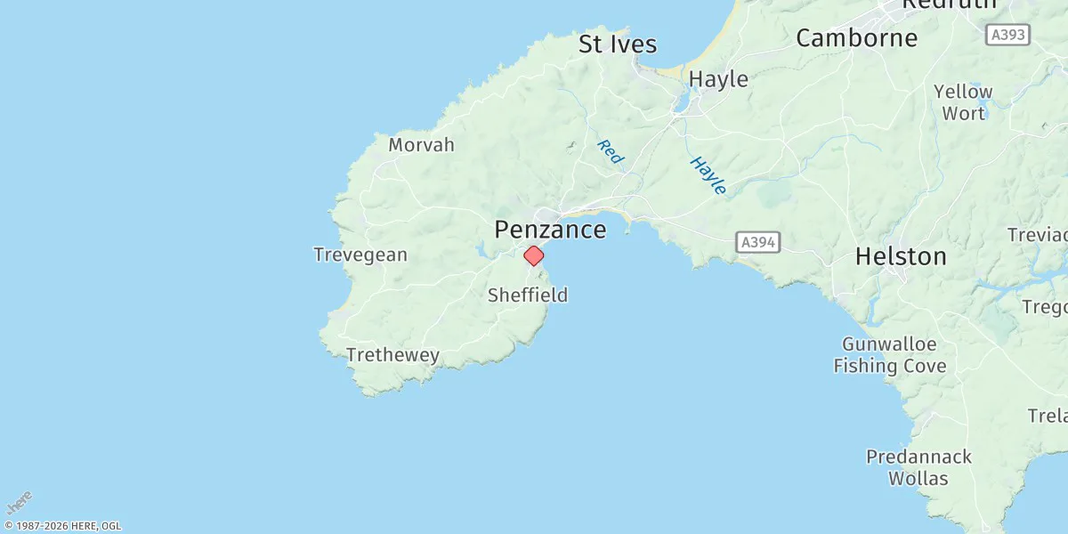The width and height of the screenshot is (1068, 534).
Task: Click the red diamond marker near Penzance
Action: click(x=533, y=255)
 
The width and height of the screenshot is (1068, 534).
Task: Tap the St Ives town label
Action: click(x=618, y=44)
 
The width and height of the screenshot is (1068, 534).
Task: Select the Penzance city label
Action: click(x=550, y=230)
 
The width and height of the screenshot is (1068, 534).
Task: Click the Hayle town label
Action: click(x=718, y=78)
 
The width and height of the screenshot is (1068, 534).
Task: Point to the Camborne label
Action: click(x=856, y=37)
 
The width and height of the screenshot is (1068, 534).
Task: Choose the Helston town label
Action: click(x=901, y=256)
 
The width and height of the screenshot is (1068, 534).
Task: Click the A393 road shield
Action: click(x=1007, y=35)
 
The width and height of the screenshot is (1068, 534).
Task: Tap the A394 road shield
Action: click(x=758, y=241)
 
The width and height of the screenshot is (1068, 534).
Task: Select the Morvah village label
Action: click(x=422, y=144)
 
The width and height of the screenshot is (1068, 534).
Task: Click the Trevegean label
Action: click(x=360, y=255)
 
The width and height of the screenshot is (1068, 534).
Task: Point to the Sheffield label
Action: click(x=527, y=295)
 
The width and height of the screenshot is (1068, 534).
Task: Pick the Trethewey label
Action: click(x=392, y=355)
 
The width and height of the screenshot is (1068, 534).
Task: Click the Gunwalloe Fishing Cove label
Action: click(x=890, y=354)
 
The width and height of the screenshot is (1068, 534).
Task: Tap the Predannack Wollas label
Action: click(x=918, y=467)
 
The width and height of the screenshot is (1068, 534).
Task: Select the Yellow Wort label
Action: click(x=963, y=102)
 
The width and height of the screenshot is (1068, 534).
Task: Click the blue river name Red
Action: click(x=611, y=152)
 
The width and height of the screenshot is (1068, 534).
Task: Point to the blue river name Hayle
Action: click(x=708, y=175)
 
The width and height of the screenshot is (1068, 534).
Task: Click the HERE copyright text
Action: click(x=62, y=526)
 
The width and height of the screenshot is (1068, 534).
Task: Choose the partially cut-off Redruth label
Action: click(x=949, y=4)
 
